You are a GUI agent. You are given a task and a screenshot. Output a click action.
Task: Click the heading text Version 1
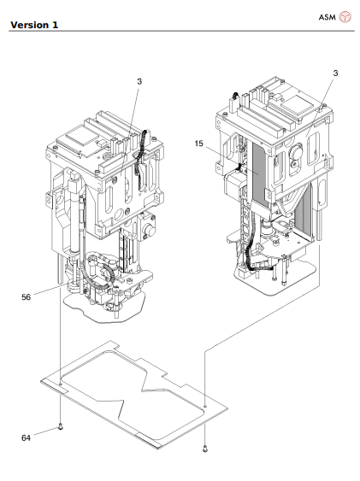coord(34,25)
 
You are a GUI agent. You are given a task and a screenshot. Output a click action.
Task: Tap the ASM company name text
coord(328,17)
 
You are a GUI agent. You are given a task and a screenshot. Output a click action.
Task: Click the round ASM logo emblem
coord(345,17)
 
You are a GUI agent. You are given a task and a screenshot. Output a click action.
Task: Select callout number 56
coord(27,297)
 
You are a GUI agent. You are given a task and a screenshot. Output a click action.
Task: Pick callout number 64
coord(27,437)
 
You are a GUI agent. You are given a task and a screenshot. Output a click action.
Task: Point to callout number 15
coord(199,144)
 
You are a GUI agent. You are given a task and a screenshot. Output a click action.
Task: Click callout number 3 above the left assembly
coord(139,82)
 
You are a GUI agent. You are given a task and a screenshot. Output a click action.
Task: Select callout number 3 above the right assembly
coord(335,73)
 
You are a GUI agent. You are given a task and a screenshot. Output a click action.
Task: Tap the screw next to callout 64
coord(61,426)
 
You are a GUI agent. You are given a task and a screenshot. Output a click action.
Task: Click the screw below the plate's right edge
coord(204,449)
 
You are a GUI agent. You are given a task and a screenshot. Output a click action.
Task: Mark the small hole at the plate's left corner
coord(61,384)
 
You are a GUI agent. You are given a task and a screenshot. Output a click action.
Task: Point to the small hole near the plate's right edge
coord(205,406)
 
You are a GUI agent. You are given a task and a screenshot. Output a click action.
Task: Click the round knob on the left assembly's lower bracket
coord(150,230)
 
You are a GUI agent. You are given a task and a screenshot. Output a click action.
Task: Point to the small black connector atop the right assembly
coord(235,96)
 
